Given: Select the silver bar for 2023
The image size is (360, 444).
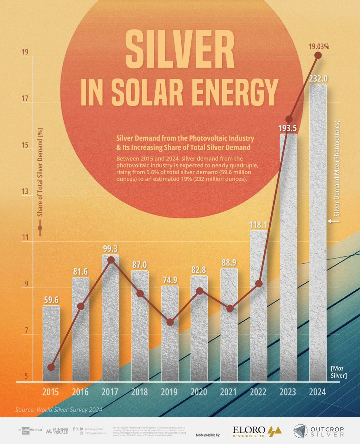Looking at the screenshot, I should click(x=288, y=259).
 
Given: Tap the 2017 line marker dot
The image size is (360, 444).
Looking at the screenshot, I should click(x=111, y=260).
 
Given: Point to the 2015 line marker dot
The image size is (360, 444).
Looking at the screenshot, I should click(x=51, y=367).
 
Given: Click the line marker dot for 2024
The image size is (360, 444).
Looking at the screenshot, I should click(x=318, y=55).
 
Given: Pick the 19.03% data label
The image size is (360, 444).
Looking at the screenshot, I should click(x=319, y=47).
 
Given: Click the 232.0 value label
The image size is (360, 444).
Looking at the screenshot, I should click(x=318, y=79).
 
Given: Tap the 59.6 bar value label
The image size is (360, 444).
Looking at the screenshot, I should click(x=51, y=299).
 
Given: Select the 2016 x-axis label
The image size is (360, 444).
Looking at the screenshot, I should click(x=80, y=392).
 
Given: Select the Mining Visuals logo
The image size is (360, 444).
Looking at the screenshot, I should click(x=57, y=431).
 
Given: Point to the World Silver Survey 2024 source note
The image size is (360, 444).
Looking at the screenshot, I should click(x=59, y=410).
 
